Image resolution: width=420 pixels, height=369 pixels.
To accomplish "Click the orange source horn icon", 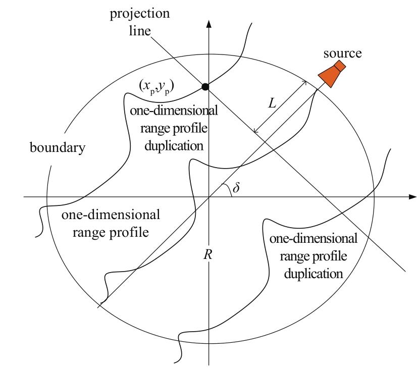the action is coord(332,74).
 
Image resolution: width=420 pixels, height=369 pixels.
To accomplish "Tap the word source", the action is coord(342,54).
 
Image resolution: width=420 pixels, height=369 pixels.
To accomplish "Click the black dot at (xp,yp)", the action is coord(205,87).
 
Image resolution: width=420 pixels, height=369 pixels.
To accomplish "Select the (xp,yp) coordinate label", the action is coord(156,87).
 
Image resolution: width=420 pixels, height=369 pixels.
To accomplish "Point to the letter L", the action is coord(272,103).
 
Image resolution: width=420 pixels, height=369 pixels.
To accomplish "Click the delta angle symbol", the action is coord(236,187).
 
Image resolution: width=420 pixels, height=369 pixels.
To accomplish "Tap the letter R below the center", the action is coord(208,254).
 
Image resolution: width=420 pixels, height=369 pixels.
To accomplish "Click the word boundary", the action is coord(58,147).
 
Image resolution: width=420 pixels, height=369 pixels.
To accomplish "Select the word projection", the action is coord(140,14).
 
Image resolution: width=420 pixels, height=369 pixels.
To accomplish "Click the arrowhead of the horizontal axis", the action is coord(413,197).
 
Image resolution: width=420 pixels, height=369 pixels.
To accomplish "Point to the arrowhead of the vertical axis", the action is coord(209,24).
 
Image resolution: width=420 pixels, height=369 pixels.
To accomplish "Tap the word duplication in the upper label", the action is coord(174,146).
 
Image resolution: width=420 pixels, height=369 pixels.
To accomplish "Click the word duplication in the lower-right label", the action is coord(313,274).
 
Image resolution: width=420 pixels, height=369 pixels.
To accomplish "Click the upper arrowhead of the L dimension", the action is coord(305,82).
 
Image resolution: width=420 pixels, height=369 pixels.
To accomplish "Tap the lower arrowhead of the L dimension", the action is coord(255,131).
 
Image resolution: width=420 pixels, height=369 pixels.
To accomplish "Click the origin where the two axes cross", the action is coord(208,197).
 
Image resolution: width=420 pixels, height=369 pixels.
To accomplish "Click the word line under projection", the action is coord(140,31).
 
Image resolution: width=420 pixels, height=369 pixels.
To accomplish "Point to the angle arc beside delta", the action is coord(229,189).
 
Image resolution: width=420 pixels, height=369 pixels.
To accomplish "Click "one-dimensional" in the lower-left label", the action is coord(111,215).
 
